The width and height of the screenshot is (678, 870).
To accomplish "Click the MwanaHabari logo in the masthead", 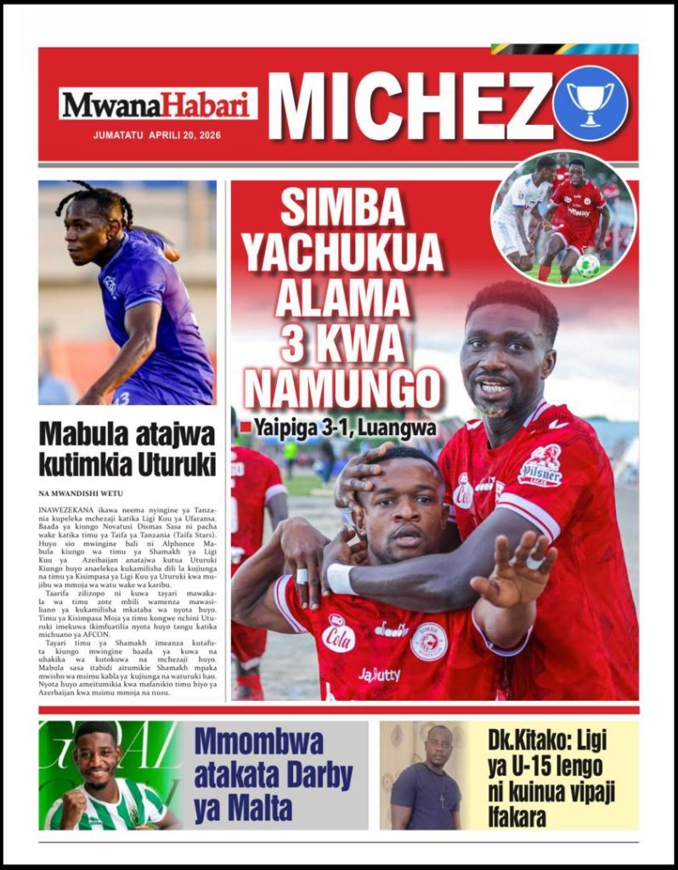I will pos(158,105).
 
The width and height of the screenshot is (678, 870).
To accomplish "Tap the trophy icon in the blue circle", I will pos(590,102).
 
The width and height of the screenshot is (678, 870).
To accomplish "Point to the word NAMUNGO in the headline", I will pos(343,389).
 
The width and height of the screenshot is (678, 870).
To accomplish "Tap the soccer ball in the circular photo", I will pos(588,266).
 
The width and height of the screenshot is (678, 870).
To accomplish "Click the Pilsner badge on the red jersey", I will pos(541,465).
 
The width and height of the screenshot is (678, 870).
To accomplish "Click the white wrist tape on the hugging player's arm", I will pos(342,579).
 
